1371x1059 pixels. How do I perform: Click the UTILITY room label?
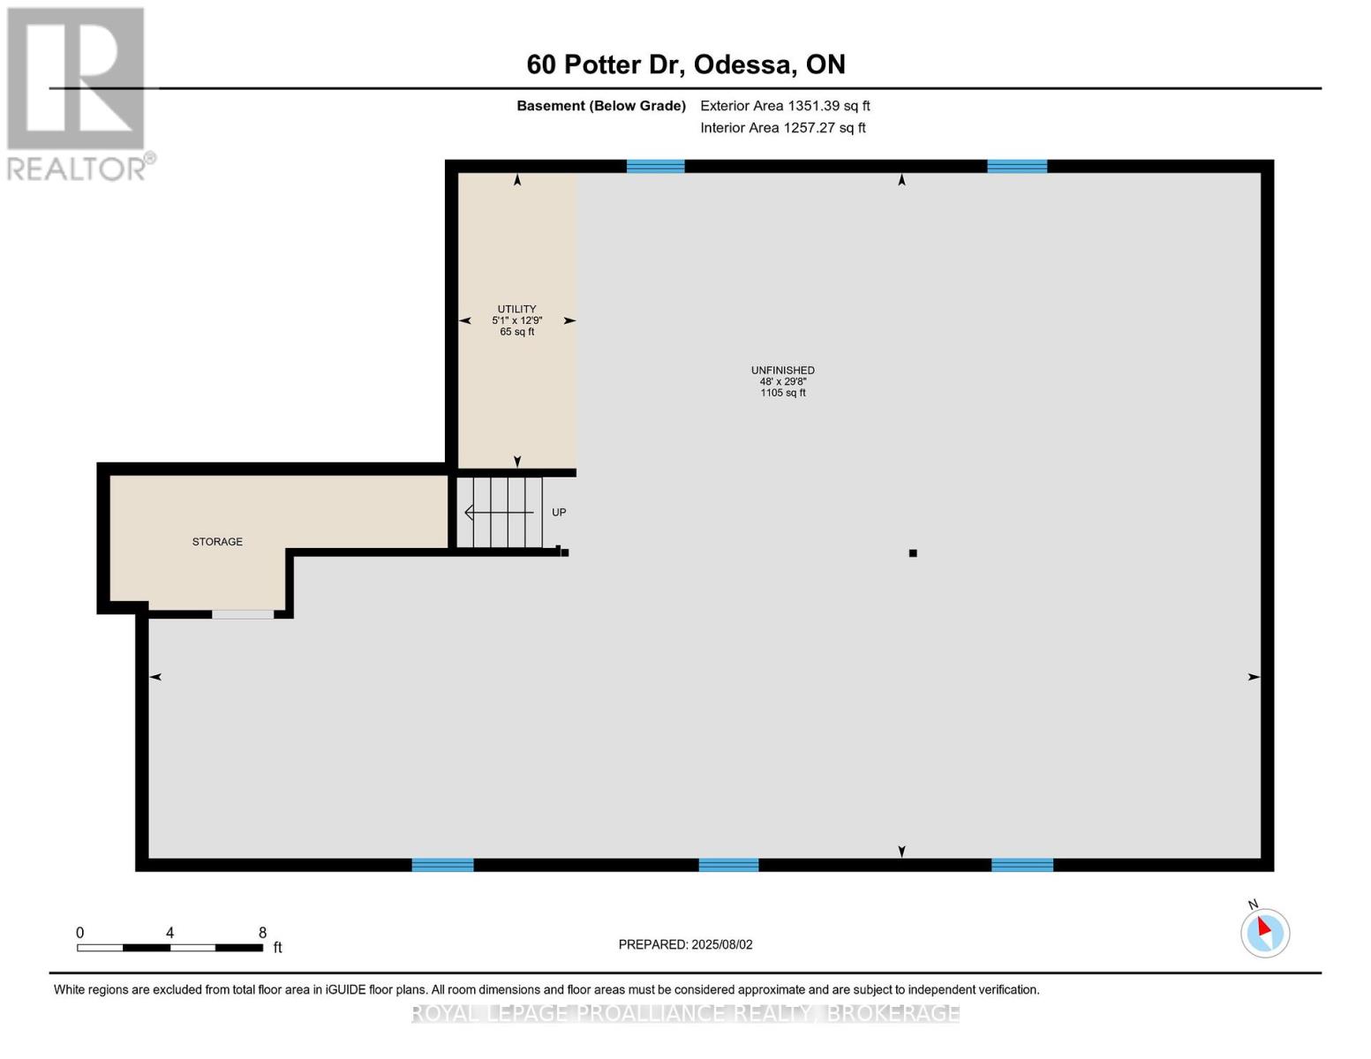[516, 309]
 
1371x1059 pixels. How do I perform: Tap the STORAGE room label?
[217, 542]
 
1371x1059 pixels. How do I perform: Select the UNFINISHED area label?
[782, 371]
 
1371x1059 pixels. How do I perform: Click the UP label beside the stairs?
[559, 513]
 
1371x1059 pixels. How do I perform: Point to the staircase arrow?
[498, 513]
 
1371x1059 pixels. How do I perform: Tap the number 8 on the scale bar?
[262, 933]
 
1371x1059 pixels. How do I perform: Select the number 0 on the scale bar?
[79, 933]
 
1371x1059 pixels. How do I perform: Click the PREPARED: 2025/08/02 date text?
[685, 944]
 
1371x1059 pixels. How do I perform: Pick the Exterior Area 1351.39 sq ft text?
[785, 106]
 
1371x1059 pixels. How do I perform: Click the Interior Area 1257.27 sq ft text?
[782, 128]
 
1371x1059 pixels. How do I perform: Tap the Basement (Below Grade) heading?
[600, 106]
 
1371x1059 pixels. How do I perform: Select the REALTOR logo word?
[78, 169]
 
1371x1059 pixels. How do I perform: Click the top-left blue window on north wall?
[655, 166]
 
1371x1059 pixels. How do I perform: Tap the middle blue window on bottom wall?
[728, 865]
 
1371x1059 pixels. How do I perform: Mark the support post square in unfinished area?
[913, 553]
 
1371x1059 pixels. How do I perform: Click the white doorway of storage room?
[243, 614]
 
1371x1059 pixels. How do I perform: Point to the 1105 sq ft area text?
[782, 393]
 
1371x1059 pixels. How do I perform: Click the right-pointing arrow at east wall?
[1253, 677]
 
